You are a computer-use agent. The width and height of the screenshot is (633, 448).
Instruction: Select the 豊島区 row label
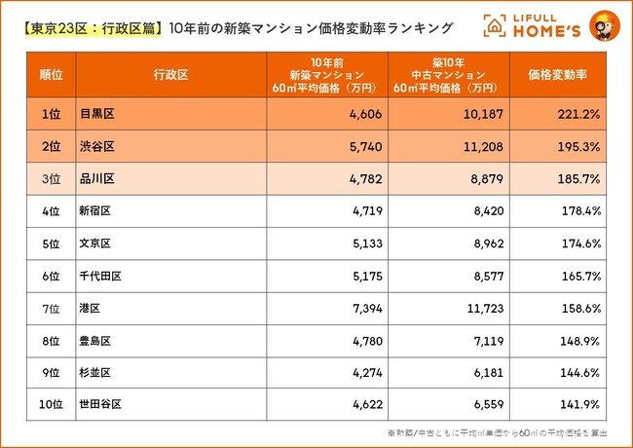93,340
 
